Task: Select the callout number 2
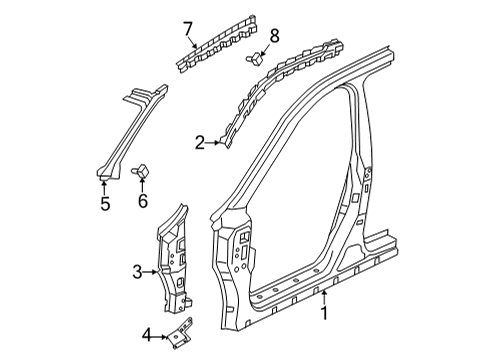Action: pyautogui.click(x=201, y=144)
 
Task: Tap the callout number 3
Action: pyautogui.click(x=137, y=270)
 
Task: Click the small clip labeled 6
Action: pyautogui.click(x=142, y=172)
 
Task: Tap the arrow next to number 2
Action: pyautogui.click(x=216, y=144)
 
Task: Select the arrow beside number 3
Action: pyautogui.click(x=152, y=270)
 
